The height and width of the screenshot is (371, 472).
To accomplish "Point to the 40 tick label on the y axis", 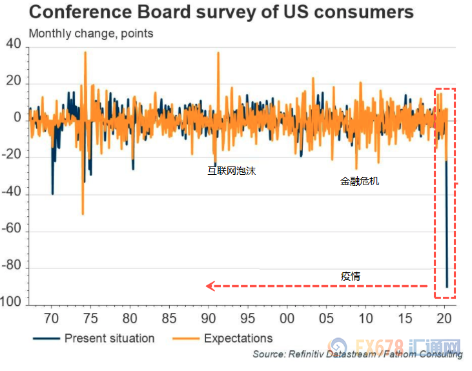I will tap(14, 45).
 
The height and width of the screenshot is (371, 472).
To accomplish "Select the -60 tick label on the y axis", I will tap(12, 230).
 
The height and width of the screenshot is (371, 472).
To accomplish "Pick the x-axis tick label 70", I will tap(51, 318).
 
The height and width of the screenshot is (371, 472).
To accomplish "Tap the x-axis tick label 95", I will tap(247, 318).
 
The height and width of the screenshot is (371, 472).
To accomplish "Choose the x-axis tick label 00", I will tap(287, 318).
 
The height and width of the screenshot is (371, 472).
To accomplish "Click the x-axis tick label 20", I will tap(444, 318).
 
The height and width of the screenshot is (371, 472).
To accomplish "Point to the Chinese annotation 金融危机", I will tap(360, 181).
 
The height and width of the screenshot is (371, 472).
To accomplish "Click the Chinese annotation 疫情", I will tap(351, 276).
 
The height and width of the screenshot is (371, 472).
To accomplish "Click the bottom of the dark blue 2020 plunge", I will tap(447, 286).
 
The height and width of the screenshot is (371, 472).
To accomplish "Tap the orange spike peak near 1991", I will tap(218, 53).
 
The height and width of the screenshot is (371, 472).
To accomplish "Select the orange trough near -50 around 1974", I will tap(83, 214).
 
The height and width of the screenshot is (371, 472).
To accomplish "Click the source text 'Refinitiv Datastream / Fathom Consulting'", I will tap(357, 354).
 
